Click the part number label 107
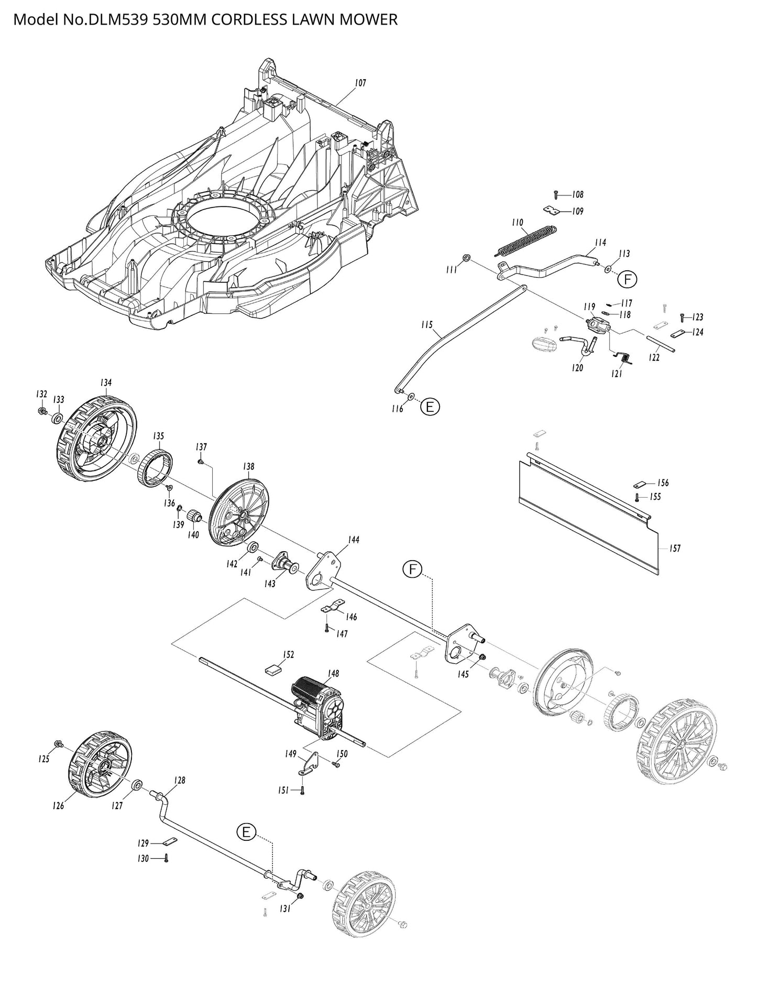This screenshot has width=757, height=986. [360, 83]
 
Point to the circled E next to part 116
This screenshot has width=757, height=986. [430, 407]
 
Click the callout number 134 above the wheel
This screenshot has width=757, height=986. [105, 383]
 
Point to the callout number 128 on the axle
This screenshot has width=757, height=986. [179, 780]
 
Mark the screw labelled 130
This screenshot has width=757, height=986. [166, 858]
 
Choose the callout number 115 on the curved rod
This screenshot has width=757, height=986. [426, 325]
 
